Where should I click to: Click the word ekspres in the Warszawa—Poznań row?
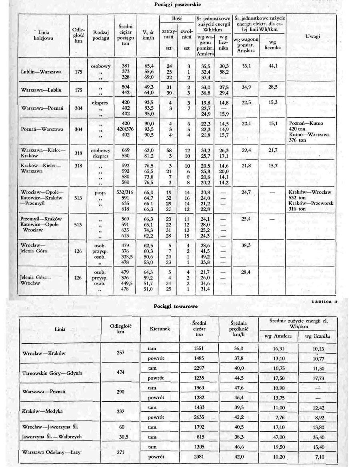click(100, 102)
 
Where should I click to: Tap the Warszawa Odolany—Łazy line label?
click(55, 452)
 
